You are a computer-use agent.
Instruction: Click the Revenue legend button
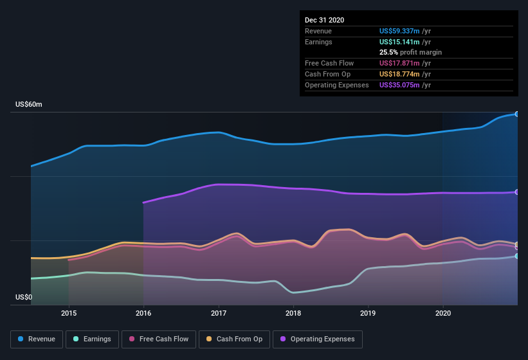(x=37, y=339)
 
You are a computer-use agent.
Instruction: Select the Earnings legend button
(x=92, y=339)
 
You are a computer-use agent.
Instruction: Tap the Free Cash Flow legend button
(x=158, y=339)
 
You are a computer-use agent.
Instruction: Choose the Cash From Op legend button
(x=234, y=339)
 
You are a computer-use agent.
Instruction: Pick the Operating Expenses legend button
(x=317, y=339)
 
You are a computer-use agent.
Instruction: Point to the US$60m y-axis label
(x=29, y=104)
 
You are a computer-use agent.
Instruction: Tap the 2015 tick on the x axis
(x=69, y=313)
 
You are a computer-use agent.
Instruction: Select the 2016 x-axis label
(x=143, y=313)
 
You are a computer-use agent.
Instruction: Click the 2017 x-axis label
(x=219, y=313)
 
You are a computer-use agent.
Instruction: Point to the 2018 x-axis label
(x=293, y=313)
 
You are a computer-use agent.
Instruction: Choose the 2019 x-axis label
(x=368, y=313)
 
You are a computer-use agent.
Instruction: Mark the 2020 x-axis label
(x=443, y=313)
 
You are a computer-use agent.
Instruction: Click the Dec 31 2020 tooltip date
(x=324, y=20)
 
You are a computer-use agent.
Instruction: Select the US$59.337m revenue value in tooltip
(x=399, y=30)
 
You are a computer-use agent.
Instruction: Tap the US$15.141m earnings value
(x=399, y=41)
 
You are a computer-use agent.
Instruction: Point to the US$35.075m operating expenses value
(x=399, y=85)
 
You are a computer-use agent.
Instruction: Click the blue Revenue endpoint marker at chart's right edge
(x=517, y=114)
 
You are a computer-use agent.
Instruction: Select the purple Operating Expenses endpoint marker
(x=517, y=192)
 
